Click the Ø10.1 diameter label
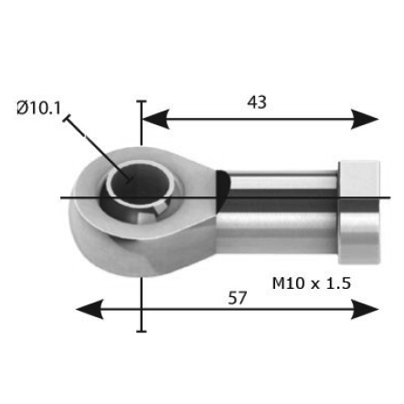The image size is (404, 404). pos(38,108)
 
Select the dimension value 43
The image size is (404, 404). pos(257,102)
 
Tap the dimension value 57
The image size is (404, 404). pos(237,298)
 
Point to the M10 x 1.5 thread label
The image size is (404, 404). pos(312,283)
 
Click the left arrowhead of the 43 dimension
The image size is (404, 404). pos(155,119)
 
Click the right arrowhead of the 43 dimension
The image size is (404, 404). pos(365,119)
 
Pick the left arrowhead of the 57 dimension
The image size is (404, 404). pos(90,309)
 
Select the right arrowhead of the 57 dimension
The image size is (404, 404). pos(365,309)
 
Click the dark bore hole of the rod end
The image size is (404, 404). pos(141,181)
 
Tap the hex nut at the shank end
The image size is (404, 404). pos(359,212)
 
